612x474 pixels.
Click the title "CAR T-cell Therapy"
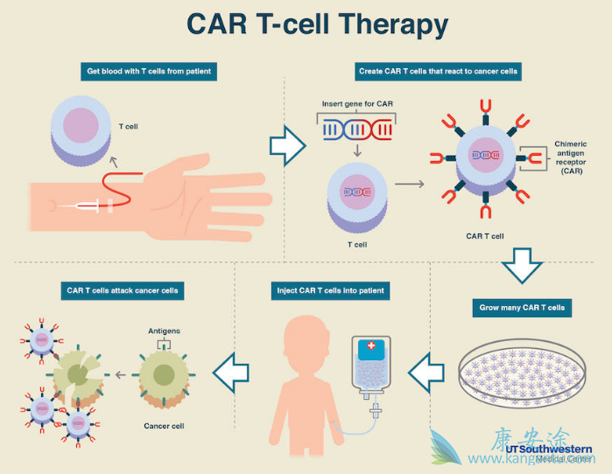point(305,25)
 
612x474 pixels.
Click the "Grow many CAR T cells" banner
point(523,308)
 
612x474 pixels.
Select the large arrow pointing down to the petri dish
point(523,265)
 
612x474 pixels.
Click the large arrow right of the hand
point(285,145)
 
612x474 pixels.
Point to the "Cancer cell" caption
point(162,426)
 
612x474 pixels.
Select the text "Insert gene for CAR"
point(357,105)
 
